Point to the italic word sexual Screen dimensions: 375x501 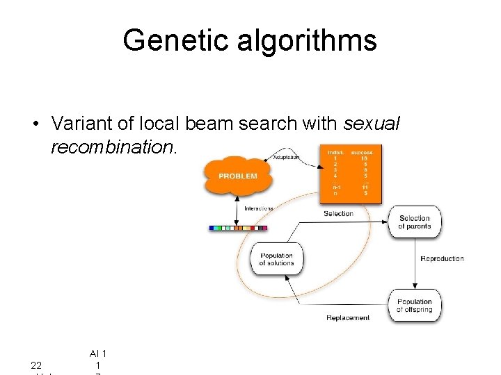pyautogui.click(x=372, y=124)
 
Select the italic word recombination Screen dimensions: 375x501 pyautogui.click(x=113, y=147)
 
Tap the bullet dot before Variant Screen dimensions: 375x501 pyautogui.click(x=34, y=124)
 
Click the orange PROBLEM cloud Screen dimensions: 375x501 pyautogui.click(x=237, y=176)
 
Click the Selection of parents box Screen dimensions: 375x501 pyautogui.click(x=414, y=222)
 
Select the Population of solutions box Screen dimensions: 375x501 pyautogui.click(x=276, y=259)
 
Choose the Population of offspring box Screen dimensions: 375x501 pyautogui.click(x=414, y=306)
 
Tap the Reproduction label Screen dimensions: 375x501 pyautogui.click(x=442, y=259)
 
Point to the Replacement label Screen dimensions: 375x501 pyautogui.click(x=348, y=318)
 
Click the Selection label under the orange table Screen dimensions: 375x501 pyautogui.click(x=338, y=214)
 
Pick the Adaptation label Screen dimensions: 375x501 pyautogui.click(x=285, y=158)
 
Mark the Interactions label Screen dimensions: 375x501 pyautogui.click(x=258, y=208)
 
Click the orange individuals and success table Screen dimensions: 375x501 pyautogui.click(x=350, y=174)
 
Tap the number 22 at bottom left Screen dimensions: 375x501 pyautogui.click(x=36, y=365)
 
